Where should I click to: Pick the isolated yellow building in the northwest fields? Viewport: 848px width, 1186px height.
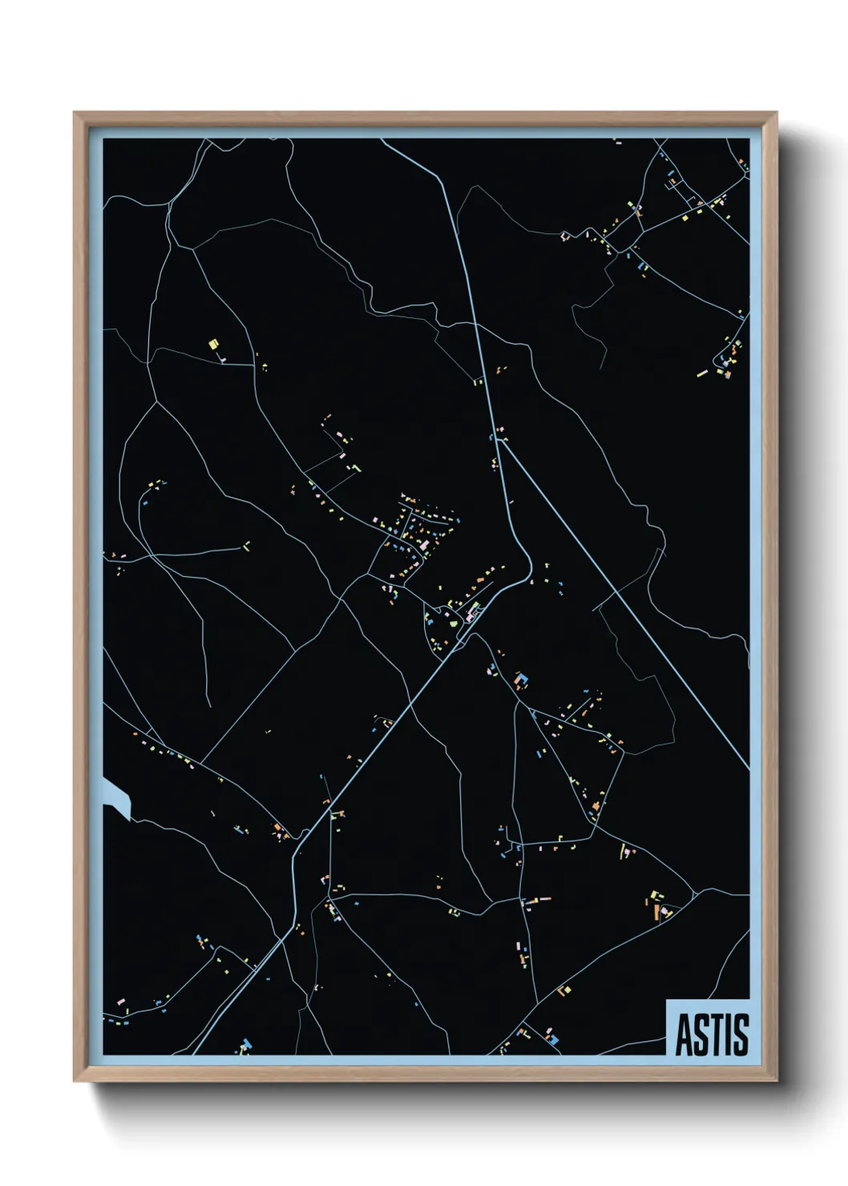pos(213,345)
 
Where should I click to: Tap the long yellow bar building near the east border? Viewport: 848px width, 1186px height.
pos(702,373)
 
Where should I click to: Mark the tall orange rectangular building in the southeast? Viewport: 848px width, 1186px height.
pos(655,912)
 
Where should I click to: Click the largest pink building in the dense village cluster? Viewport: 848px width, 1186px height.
pos(423,545)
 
